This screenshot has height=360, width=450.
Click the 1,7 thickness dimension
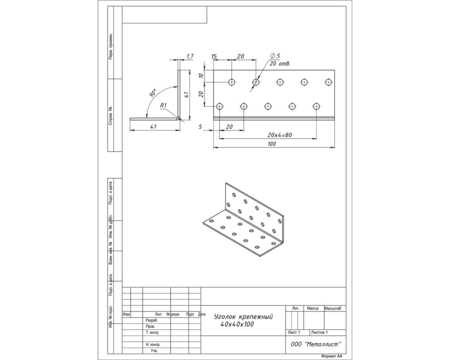pyautogui.click(x=190, y=56)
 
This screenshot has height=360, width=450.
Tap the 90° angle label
pyautogui.click(x=153, y=93)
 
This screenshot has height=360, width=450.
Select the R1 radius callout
pyautogui.click(x=163, y=105)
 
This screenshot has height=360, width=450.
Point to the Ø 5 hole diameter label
pyautogui.click(x=275, y=56)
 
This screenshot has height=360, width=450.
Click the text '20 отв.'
pyautogui.click(x=280, y=64)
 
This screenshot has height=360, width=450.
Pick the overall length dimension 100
pyautogui.click(x=272, y=144)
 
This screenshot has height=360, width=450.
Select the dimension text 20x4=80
pyautogui.click(x=279, y=135)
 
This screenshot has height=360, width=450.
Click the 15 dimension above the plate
pyautogui.click(x=214, y=56)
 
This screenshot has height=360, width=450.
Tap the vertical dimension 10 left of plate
pyautogui.click(x=201, y=75)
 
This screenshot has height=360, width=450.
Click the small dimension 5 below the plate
pyautogui.click(x=200, y=127)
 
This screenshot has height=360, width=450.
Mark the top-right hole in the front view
pyautogui.click(x=328, y=82)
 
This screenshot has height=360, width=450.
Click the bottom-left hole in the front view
pyautogui.click(x=219, y=106)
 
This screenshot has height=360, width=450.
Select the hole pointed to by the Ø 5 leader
pyautogui.click(x=256, y=82)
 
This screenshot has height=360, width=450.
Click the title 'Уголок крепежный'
pyautogui.click(x=243, y=317)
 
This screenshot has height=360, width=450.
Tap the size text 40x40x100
pyautogui.click(x=237, y=324)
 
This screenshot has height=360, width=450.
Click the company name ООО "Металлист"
pyautogui.click(x=316, y=344)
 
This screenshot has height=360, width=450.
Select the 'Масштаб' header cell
pyautogui.click(x=333, y=309)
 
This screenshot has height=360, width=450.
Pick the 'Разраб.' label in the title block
pyautogui.click(x=152, y=321)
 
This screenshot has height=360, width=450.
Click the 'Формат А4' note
pyautogui.click(x=332, y=356)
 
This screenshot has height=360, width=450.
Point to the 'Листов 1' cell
pyautogui.click(x=319, y=332)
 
